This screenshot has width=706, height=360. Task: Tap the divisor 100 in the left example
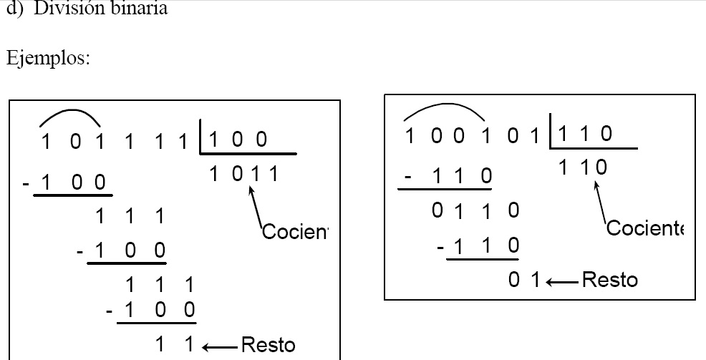[238, 140]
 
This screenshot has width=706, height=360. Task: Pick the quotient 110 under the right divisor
[582, 168]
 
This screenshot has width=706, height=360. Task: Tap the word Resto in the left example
[268, 346]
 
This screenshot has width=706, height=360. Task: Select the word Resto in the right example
[610, 279]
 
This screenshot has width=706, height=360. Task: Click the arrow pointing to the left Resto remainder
[218, 347]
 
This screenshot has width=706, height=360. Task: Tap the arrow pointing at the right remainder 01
[562, 280]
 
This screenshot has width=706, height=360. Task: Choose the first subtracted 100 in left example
[74, 183]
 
